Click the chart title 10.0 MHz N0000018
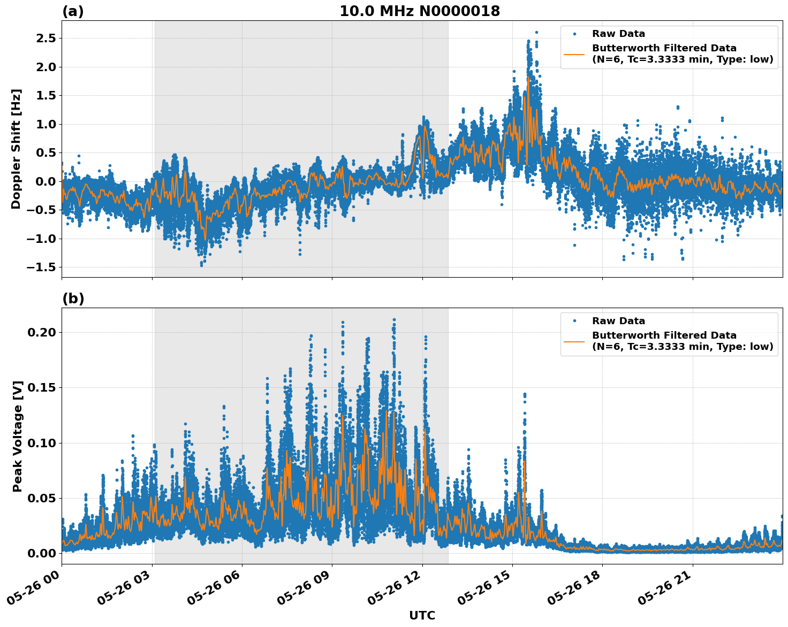(420, 11)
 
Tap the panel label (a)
(73, 11)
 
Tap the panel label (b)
(73, 299)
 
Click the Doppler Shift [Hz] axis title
(16, 149)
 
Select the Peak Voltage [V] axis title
(18, 436)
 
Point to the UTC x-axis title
(422, 615)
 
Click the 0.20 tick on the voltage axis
(42, 332)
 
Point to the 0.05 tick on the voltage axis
(42, 498)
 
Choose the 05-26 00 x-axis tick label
(34, 591)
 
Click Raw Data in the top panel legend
(618, 34)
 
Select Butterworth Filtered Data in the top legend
(664, 48)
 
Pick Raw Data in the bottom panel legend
(618, 321)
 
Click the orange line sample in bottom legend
(574, 341)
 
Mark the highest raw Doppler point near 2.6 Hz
(536, 32)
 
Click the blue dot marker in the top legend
(574, 34)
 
